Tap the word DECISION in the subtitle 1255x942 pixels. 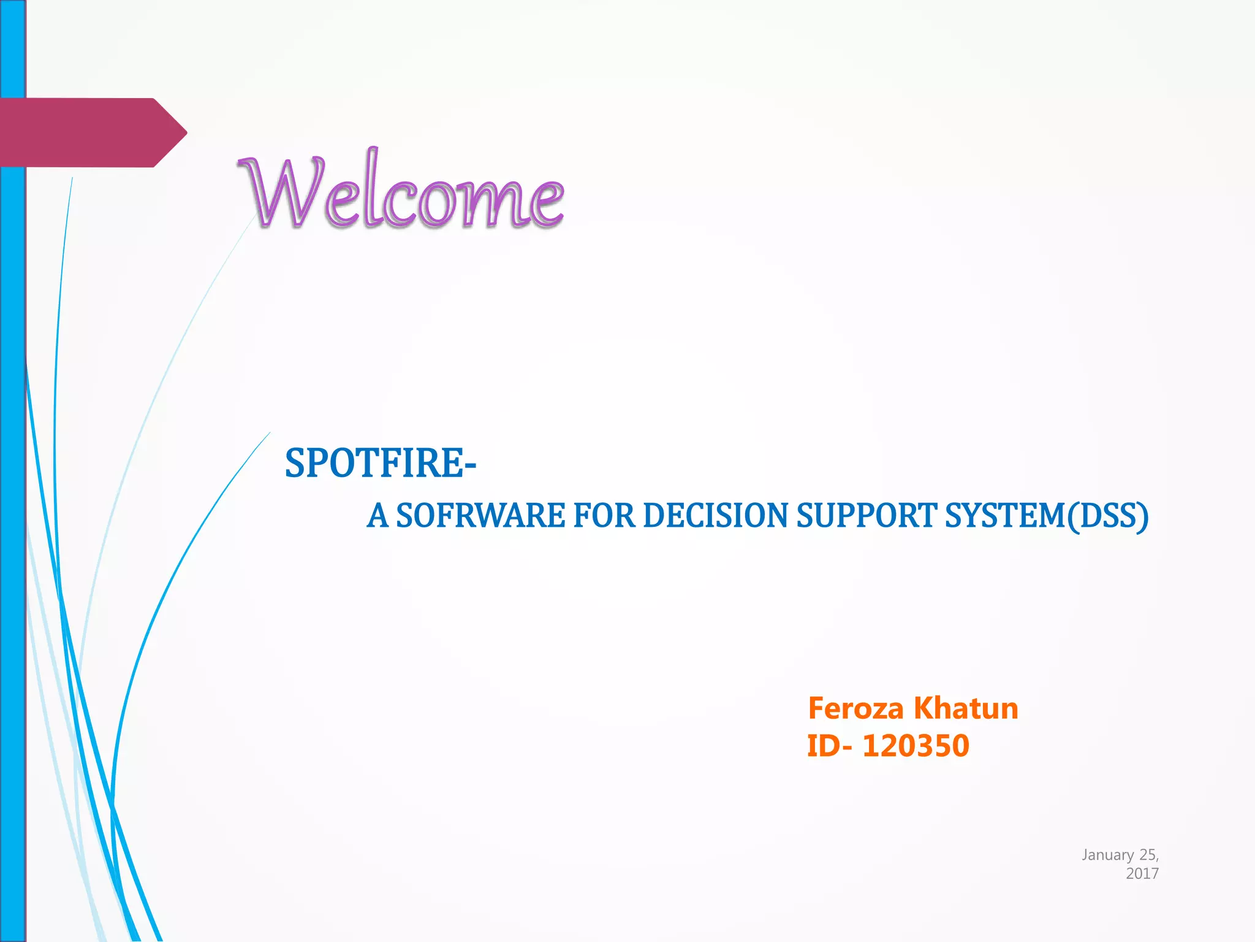click(715, 515)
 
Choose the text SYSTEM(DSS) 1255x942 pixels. click(1047, 515)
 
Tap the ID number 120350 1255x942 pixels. click(916, 746)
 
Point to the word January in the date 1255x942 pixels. click(1107, 855)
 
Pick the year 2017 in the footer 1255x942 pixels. click(1142, 873)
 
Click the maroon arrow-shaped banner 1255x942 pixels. click(86, 132)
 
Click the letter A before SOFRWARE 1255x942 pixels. click(377, 515)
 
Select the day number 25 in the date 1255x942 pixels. click(1147, 855)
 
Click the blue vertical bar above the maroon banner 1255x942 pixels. click(12, 49)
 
